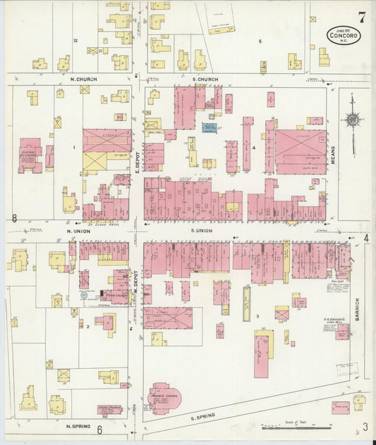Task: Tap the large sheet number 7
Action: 361,17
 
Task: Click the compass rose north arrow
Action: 352,120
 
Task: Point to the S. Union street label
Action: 201,230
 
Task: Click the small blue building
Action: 210,127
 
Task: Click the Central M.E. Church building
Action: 30,155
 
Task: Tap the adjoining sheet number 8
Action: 14,218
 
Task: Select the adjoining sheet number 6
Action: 99,430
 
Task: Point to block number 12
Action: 75,41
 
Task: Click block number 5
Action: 260,42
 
